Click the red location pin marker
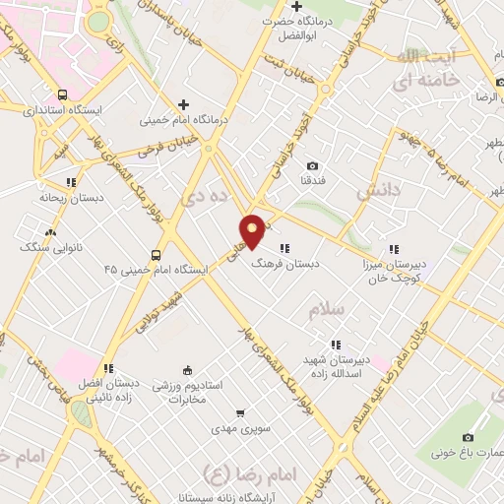tap(253, 230)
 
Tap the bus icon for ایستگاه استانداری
tap(63, 95)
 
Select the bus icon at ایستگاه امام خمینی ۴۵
tap(155, 250)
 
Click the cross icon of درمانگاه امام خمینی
tap(183, 104)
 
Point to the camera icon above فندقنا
tap(313, 166)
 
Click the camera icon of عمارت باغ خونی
tap(469, 437)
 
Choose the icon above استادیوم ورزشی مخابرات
tap(188, 369)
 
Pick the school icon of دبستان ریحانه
tap(70, 182)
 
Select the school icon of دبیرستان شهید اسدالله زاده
tap(336, 345)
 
